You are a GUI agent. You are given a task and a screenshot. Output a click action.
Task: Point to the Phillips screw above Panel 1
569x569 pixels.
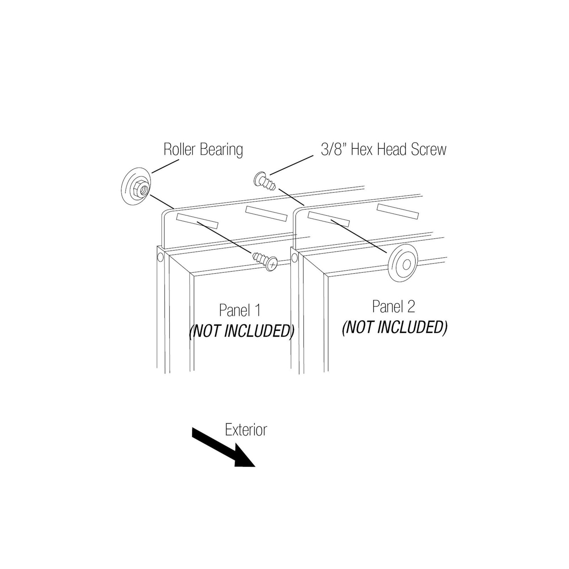click(265, 261)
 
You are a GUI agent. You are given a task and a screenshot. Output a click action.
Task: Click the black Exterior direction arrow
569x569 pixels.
click(223, 447)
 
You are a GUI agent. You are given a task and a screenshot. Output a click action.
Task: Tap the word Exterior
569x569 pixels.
click(246, 430)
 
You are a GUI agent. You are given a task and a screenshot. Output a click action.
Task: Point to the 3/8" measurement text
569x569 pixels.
click(333, 149)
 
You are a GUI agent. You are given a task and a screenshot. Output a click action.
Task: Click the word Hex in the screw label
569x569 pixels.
click(362, 149)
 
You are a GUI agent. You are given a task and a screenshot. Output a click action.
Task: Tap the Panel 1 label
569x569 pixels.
click(240, 310)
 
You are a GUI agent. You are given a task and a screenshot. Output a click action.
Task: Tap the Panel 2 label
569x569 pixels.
click(394, 307)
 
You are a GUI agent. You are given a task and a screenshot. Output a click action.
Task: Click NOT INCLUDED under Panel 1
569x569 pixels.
click(241, 331)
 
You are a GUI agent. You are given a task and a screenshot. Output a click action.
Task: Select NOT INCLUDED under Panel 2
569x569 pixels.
click(395, 327)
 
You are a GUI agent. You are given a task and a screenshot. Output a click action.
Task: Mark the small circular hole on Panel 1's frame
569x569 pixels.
click(160, 257)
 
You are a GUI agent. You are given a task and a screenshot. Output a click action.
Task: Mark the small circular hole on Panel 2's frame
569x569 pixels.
click(294, 258)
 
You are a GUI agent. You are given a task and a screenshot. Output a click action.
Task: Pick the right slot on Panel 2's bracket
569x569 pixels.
click(398, 211)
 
